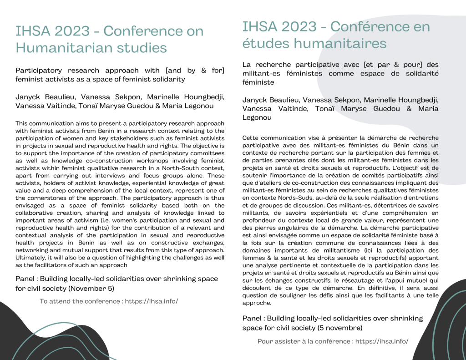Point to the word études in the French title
pos(265,43)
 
